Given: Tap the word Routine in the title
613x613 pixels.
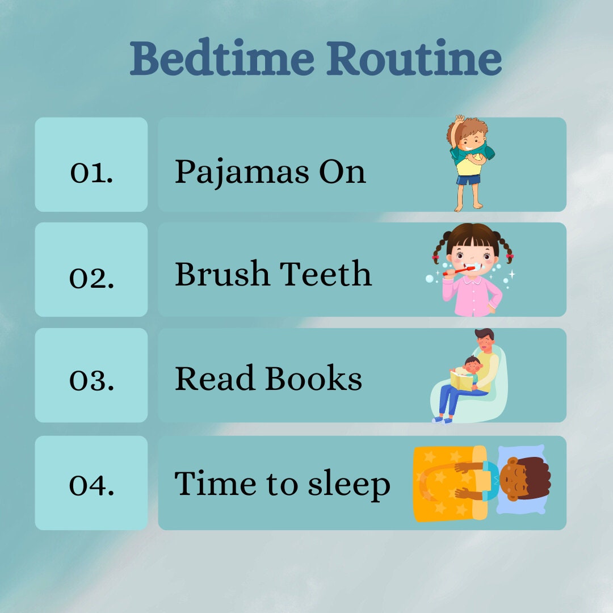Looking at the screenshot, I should click(414, 58).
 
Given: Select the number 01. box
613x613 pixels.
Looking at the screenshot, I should click(91, 165).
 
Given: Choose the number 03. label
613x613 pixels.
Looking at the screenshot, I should click(91, 379).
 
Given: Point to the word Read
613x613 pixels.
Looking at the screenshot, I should click(215, 379).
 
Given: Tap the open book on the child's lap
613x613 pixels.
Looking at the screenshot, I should click(461, 380).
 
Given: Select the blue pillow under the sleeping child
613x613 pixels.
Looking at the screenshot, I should click(519, 499).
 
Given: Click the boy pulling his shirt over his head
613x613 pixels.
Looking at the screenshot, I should click(470, 162).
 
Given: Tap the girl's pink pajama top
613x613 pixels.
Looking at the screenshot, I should click(471, 295).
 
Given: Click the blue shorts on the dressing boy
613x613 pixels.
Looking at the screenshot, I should click(469, 180).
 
